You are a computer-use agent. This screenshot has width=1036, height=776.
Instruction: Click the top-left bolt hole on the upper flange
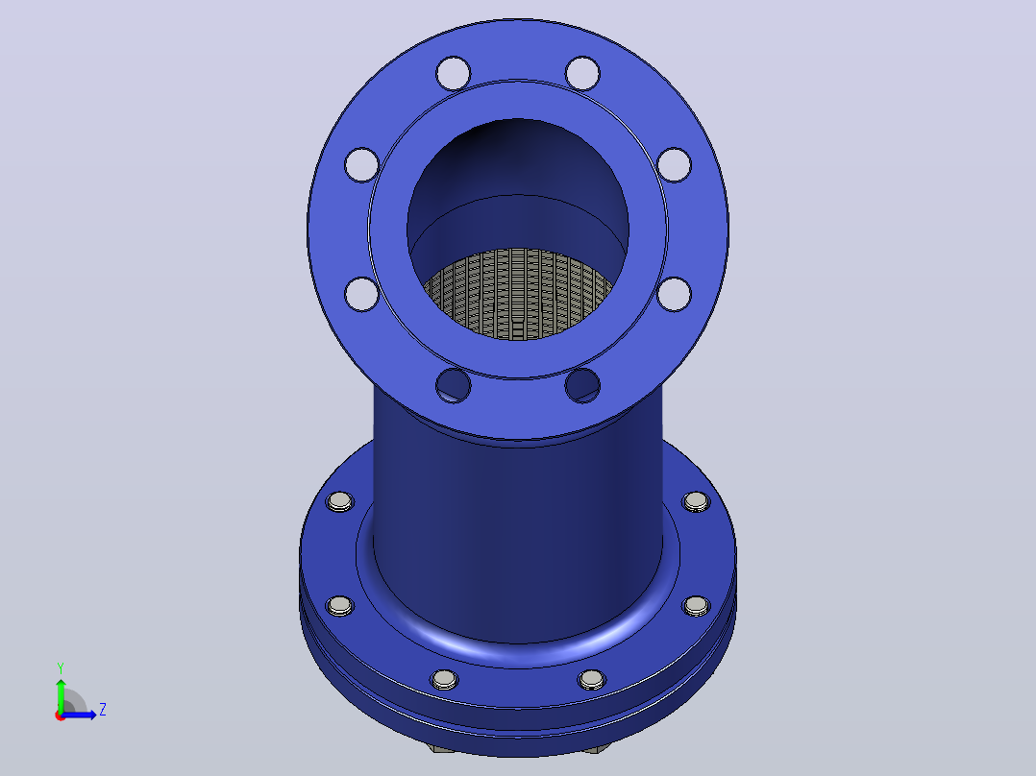click(454, 73)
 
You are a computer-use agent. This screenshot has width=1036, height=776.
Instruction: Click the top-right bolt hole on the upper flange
click(582, 73)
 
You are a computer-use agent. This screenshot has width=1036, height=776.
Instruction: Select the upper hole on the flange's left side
click(362, 164)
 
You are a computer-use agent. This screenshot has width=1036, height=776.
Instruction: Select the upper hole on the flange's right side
click(674, 164)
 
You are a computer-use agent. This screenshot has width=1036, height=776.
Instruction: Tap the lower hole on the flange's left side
click(362, 294)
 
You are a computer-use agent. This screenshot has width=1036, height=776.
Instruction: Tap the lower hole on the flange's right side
click(674, 294)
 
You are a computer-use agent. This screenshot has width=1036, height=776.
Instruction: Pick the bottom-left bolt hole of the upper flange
click(454, 386)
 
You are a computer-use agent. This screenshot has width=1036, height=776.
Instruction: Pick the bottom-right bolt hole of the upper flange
click(582, 386)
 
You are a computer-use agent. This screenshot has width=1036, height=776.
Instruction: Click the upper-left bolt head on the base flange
click(340, 502)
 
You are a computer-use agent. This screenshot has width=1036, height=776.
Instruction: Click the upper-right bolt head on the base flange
click(696, 502)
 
